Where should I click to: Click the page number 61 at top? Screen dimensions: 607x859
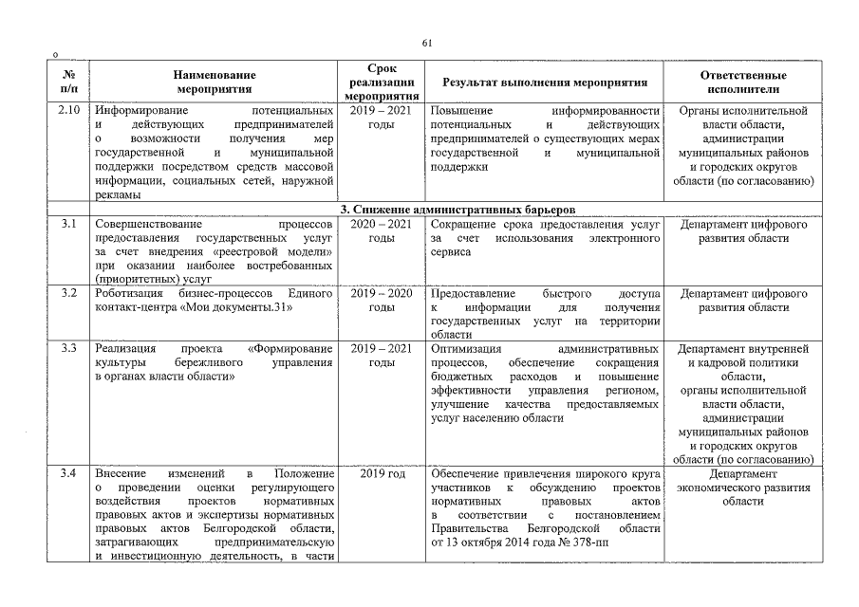click(427, 43)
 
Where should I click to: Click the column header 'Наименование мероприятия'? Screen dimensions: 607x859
click(214, 83)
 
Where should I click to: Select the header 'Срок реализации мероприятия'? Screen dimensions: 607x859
click(381, 83)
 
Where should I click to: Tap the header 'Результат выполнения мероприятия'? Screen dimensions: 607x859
click(545, 83)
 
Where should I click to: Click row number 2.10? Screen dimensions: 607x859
click(68, 111)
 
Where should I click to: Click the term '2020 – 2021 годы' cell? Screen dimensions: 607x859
click(381, 231)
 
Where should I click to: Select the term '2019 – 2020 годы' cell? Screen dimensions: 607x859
click(381, 301)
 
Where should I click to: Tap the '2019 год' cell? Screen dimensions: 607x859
click(381, 473)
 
